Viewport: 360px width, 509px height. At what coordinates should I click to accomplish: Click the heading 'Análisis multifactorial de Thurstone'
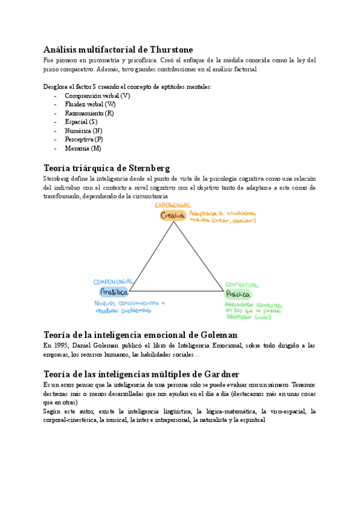pyautogui.click(x=118, y=49)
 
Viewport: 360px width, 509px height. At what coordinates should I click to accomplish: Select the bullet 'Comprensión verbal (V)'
pyautogui.click(x=97, y=96)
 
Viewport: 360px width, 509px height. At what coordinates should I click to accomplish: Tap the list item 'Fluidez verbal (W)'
pyautogui.click(x=91, y=104)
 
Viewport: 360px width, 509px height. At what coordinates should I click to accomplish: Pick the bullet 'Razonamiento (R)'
pyautogui.click(x=89, y=113)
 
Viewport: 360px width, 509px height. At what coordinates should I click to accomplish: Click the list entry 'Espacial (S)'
pyautogui.click(x=81, y=122)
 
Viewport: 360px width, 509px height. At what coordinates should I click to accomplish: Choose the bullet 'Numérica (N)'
pyautogui.click(x=83, y=131)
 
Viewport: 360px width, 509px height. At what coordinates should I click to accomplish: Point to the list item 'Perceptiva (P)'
pyautogui.click(x=84, y=139)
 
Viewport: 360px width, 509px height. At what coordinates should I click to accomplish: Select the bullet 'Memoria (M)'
pyautogui.click(x=83, y=148)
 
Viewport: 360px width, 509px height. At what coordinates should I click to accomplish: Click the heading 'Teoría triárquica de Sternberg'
pyautogui.click(x=107, y=167)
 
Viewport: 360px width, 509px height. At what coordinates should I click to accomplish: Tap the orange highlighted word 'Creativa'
pyautogui.click(x=173, y=215)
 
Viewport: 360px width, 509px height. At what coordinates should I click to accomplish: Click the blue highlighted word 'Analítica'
pyautogui.click(x=115, y=292)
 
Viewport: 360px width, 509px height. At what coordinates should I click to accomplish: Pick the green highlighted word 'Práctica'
pyautogui.click(x=238, y=295)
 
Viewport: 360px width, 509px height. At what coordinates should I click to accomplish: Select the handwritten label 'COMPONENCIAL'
pyautogui.click(x=114, y=282)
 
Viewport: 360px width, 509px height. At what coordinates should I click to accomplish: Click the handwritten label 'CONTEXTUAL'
pyautogui.click(x=242, y=285)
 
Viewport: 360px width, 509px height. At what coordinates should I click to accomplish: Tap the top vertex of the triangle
pyautogui.click(x=175, y=222)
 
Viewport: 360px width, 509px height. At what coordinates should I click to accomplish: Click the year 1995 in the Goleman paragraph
pyautogui.click(x=63, y=346)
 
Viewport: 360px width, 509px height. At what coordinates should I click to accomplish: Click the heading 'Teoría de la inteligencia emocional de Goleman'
pyautogui.click(x=141, y=334)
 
